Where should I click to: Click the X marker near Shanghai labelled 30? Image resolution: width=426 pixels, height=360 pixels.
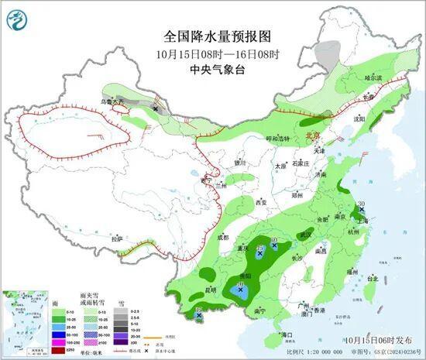360,210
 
